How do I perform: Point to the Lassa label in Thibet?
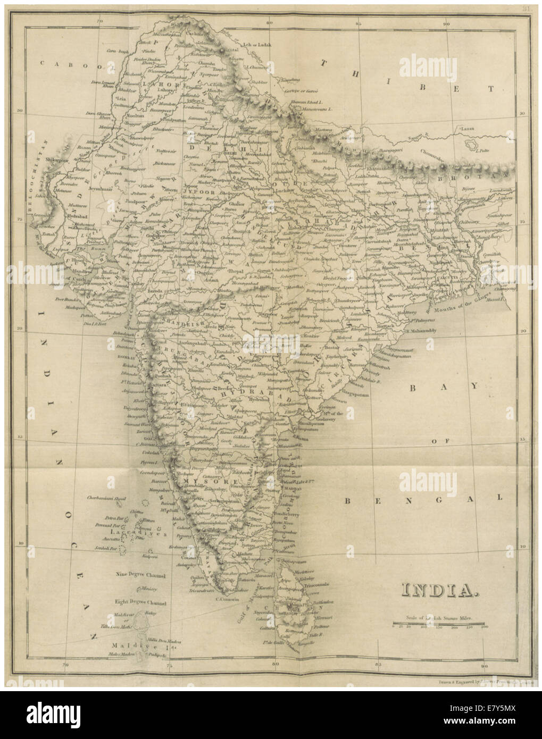pyautogui.click(x=466, y=129)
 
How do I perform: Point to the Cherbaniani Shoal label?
pyautogui.click(x=110, y=498)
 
